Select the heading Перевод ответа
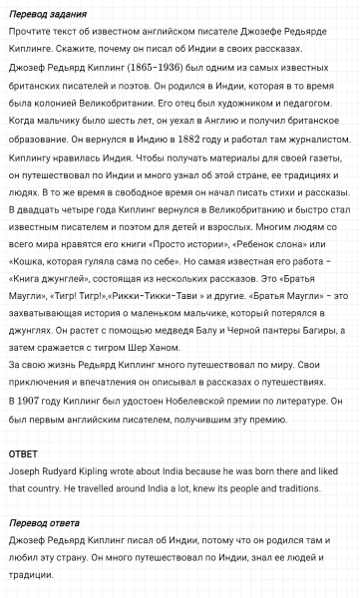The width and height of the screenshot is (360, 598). [44, 522]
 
